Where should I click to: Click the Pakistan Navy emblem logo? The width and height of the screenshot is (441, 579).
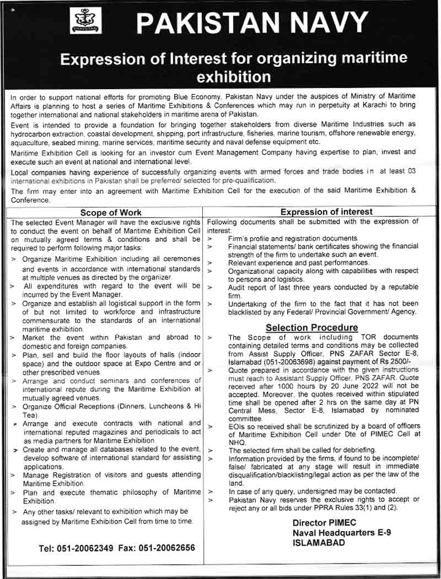[x=85, y=21]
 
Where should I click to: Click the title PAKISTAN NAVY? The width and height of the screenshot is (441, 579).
[x=251, y=23]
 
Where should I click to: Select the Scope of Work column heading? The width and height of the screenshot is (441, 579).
[x=111, y=212]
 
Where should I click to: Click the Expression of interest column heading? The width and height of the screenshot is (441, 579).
[x=326, y=212]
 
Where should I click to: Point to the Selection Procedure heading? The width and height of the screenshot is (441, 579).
[x=311, y=328]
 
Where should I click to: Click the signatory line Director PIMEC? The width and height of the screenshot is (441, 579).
[x=324, y=522]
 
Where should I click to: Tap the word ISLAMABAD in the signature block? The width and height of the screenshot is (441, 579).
[x=319, y=542]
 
